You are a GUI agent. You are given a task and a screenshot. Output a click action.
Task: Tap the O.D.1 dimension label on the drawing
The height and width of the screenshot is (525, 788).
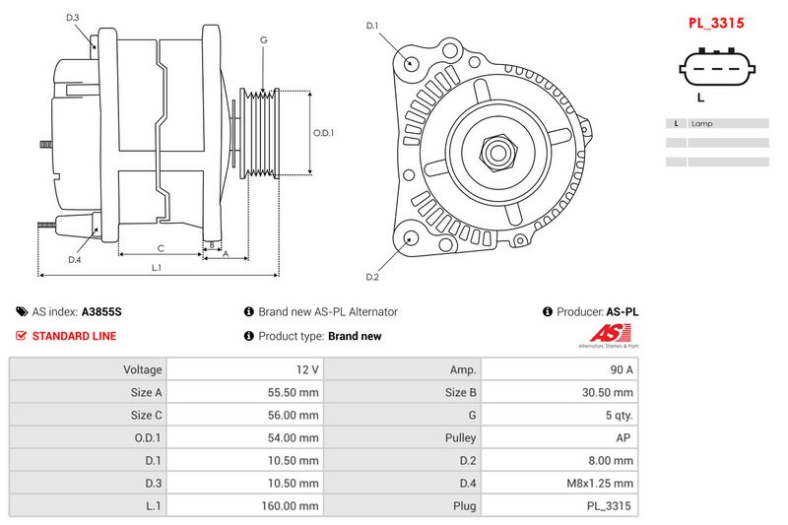(x=323, y=133)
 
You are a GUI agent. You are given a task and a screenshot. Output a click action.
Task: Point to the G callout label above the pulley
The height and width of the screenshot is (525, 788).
(x=263, y=40)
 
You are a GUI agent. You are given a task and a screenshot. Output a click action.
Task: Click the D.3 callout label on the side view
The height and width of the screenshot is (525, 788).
(x=73, y=18)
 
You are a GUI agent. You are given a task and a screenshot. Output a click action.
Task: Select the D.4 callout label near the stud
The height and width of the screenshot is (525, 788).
(x=73, y=260)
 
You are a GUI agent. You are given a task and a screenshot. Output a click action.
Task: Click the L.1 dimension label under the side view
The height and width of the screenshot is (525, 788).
(x=157, y=268)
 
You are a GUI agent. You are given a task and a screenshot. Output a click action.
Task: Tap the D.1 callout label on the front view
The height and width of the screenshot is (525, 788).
(x=372, y=26)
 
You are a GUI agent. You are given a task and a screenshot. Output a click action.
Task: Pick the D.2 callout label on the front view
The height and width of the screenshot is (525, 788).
(x=372, y=276)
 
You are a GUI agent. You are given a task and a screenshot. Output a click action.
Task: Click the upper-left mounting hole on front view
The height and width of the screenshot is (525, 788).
(x=412, y=64)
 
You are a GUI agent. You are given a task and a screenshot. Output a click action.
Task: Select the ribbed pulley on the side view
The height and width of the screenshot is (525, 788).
(x=261, y=135)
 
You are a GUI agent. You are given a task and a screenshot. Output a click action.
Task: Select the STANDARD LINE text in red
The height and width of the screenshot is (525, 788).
(x=74, y=336)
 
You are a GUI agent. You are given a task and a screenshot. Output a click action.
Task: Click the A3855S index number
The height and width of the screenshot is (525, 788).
(x=101, y=311)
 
